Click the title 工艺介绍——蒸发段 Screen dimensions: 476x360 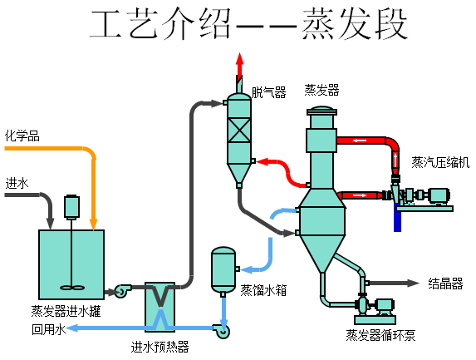tap(248, 24)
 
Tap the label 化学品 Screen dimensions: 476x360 tap(22, 136)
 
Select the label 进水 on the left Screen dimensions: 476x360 tap(17, 183)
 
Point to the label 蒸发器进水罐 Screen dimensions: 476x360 tap(66, 311)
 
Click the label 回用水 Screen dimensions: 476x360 tap(48, 329)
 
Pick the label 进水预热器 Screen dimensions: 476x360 tap(159, 347)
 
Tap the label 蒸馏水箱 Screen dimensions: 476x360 tap(263, 290)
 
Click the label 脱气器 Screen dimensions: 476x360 tap(268, 92)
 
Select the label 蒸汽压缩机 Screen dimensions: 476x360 tap(440, 162)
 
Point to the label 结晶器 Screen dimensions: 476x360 tap(445, 284)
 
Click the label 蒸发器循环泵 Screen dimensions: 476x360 tap(380, 335)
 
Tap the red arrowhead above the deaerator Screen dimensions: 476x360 tap(240, 60)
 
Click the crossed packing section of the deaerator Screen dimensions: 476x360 tap(239, 130)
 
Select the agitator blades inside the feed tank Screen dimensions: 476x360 tap(71, 287)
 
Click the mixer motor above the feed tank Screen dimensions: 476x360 tap(71, 207)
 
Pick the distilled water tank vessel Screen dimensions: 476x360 tap(223, 269)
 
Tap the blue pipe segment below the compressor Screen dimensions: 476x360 tap(397, 218)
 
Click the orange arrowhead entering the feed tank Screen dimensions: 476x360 tap(94, 224)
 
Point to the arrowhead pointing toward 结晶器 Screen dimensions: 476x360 tap(413, 284)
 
